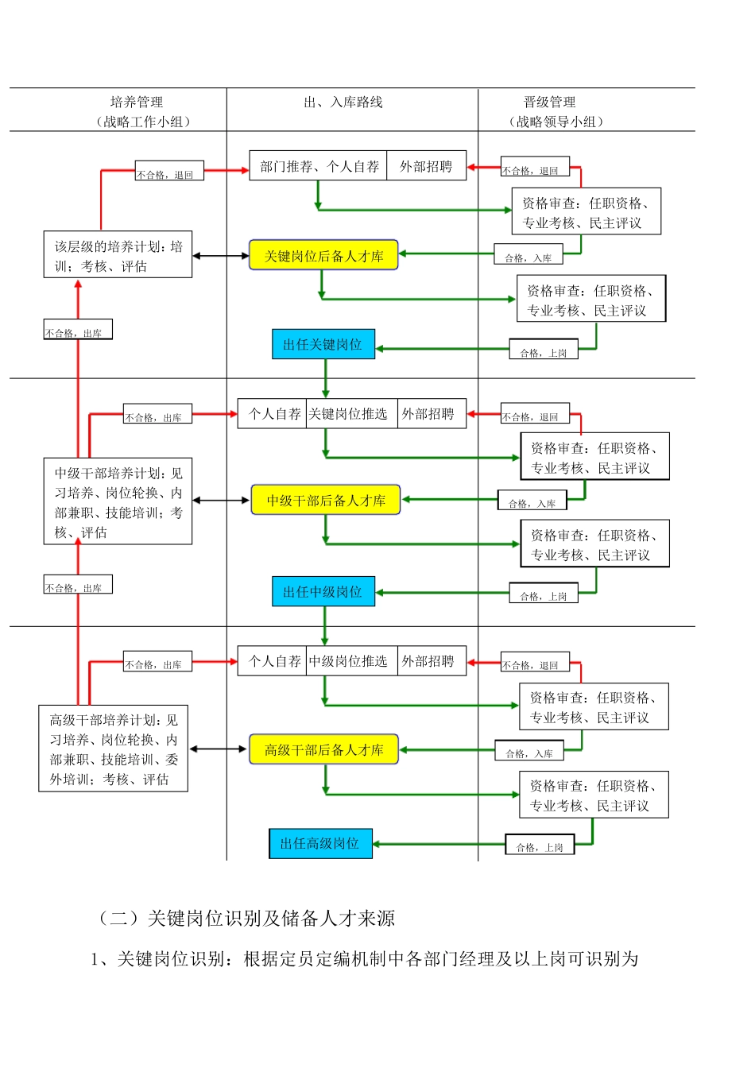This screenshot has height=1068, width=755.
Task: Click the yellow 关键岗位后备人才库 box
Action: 323,256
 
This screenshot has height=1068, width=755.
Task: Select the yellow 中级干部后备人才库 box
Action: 326,501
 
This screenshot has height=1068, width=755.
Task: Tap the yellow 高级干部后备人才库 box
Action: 323,750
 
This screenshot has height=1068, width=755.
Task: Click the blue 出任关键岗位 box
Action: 323,345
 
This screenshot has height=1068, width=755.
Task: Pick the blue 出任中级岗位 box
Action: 323,592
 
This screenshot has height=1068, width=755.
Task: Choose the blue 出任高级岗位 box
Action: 320,843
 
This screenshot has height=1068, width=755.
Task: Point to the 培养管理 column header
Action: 137,103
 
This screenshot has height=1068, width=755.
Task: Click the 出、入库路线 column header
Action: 343,103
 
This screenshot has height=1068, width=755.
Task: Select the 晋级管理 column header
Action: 549,103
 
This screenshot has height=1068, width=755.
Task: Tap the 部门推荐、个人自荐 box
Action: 319,166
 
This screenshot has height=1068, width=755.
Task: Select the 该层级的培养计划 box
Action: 118,255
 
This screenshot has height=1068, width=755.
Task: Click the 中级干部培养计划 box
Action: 118,501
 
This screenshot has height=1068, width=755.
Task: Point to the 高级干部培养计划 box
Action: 114,749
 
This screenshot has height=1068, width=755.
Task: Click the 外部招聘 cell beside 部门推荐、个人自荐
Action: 426,166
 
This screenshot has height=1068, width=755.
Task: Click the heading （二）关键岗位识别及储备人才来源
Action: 246,919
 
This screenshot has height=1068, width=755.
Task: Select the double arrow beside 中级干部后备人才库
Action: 221,501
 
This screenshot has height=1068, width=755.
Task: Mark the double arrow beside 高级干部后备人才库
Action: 218,749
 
